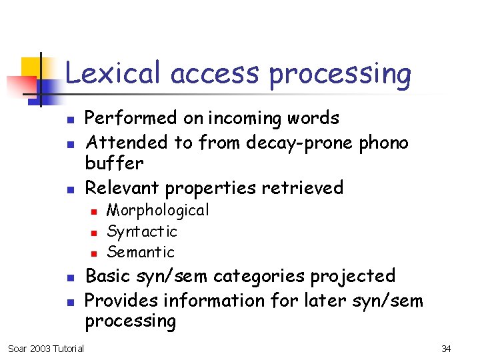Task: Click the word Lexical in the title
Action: click(113, 73)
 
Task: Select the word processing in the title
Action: click(340, 75)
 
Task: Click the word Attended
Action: click(127, 142)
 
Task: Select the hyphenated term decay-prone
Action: click(302, 143)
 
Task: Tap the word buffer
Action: click(114, 163)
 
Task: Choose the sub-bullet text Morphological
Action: click(158, 211)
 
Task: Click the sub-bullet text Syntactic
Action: click(142, 232)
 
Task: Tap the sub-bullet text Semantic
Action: click(141, 252)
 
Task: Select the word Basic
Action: click(109, 276)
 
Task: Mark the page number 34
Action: click(446, 349)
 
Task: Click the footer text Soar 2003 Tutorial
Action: click(46, 349)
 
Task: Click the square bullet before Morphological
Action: click(94, 211)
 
